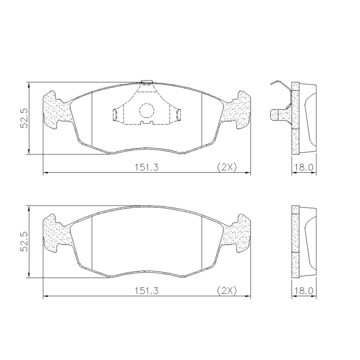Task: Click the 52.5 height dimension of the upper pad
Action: click(x=24, y=118)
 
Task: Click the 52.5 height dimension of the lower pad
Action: click(x=24, y=242)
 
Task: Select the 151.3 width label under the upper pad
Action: click(x=147, y=167)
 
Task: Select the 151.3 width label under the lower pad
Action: click(x=147, y=291)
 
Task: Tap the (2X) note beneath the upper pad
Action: click(x=226, y=167)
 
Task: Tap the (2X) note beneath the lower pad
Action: click(x=226, y=291)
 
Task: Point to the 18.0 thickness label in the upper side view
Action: click(x=304, y=167)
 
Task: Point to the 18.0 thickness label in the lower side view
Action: click(x=304, y=291)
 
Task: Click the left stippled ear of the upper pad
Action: click(x=57, y=109)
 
